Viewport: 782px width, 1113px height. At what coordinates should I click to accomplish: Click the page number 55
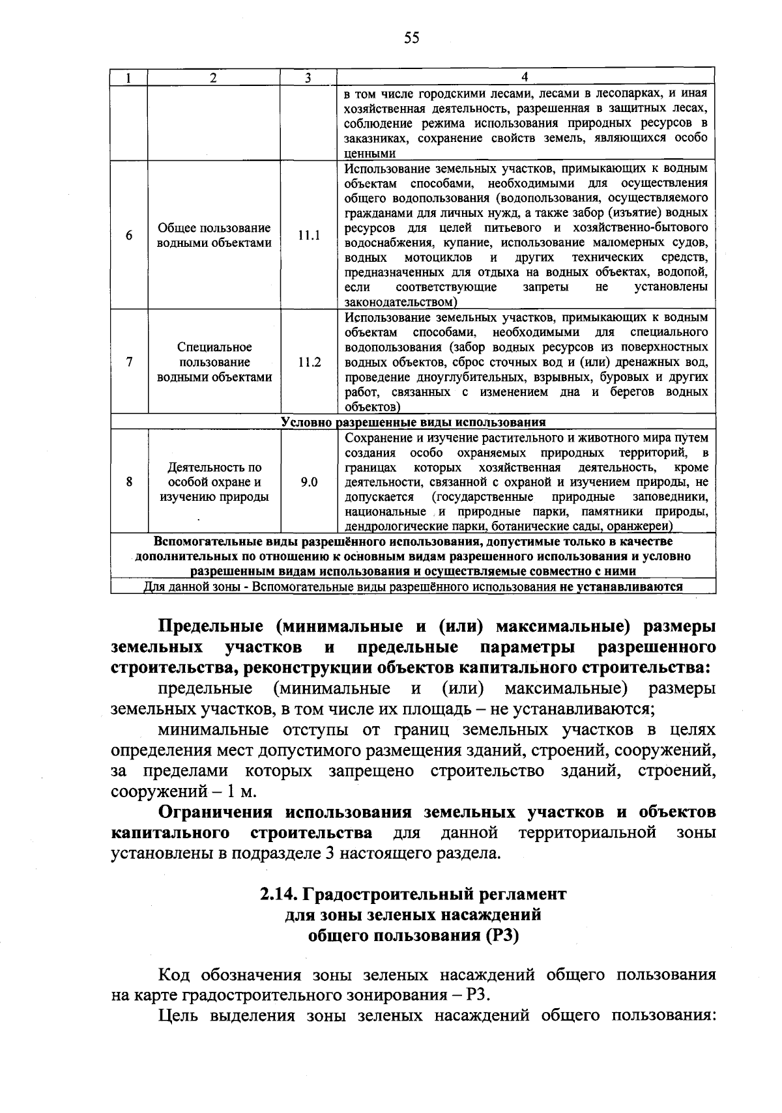(411, 38)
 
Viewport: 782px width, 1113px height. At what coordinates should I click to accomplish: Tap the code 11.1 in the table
(309, 235)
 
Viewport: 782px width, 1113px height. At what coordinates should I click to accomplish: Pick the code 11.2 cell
(309, 362)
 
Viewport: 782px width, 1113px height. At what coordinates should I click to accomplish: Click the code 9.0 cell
(309, 482)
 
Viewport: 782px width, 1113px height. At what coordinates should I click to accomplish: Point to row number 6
(129, 235)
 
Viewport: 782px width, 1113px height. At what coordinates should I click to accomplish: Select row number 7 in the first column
(129, 362)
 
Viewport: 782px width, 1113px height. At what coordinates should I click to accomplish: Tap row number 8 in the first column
(129, 482)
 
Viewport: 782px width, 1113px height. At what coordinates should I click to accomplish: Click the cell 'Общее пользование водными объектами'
(214, 235)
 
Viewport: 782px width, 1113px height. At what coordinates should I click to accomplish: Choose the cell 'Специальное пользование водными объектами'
(214, 362)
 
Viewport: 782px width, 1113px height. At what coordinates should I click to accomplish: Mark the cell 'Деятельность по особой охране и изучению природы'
(214, 482)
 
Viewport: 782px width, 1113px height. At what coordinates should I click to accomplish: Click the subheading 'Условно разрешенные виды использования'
(413, 422)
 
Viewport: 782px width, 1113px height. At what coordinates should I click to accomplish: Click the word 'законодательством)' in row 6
(401, 302)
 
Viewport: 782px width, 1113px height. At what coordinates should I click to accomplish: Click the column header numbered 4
(525, 77)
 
